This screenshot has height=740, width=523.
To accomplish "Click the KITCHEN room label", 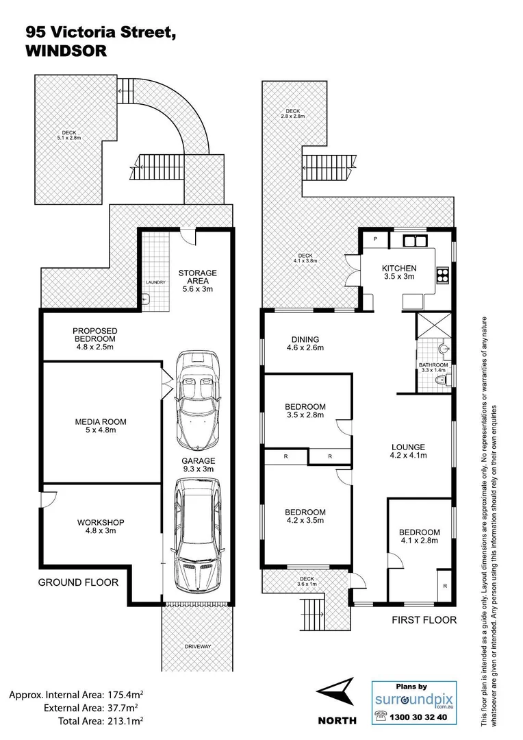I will (x=399, y=269).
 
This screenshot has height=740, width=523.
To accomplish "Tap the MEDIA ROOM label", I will (x=101, y=422).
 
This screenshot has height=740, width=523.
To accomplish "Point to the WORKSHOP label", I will (x=100, y=522).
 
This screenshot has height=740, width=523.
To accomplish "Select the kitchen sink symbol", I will (x=415, y=241).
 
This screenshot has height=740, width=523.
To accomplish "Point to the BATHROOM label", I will (x=433, y=365).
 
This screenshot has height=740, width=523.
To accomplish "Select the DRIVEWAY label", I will (x=197, y=646).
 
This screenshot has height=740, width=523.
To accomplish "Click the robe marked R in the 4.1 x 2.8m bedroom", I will (x=445, y=586).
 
